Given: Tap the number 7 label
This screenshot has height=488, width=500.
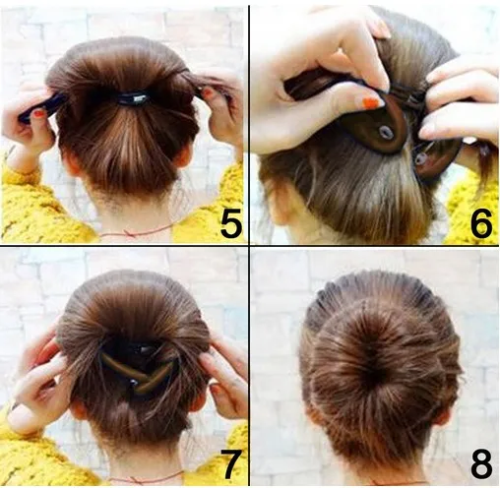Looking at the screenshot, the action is pyautogui.click(x=231, y=464).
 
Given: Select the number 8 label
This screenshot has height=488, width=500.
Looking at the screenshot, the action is pyautogui.click(x=481, y=463).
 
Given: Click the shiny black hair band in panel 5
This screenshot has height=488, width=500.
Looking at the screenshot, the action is pyautogui.click(x=133, y=98).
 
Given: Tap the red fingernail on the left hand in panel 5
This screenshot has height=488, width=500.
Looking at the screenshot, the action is pyautogui.click(x=39, y=114).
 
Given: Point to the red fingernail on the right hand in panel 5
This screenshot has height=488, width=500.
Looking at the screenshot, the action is pyautogui.click(x=207, y=92).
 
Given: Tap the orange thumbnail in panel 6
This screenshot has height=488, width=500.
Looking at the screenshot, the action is pyautogui.click(x=373, y=102).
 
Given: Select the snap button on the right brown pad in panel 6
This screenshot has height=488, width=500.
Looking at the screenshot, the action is pyautogui.click(x=420, y=158).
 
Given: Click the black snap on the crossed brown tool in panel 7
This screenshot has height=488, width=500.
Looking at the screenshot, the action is pyautogui.click(x=134, y=383).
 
